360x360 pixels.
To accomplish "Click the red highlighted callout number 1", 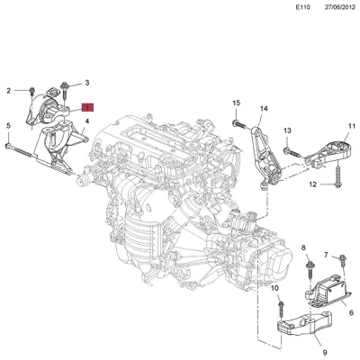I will pos(88,108).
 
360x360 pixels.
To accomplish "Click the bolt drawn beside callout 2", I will pos(31,91).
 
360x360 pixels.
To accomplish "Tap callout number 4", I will pos(87,121).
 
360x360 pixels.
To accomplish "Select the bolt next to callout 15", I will pos(239,122).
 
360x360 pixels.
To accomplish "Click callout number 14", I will pos(265,109).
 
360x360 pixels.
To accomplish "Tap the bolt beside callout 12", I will pos(336,184).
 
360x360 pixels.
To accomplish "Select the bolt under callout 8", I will pos(307,267).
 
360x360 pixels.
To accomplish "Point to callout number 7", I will pos(326,256).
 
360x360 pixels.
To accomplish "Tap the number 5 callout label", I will pos(8,125).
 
